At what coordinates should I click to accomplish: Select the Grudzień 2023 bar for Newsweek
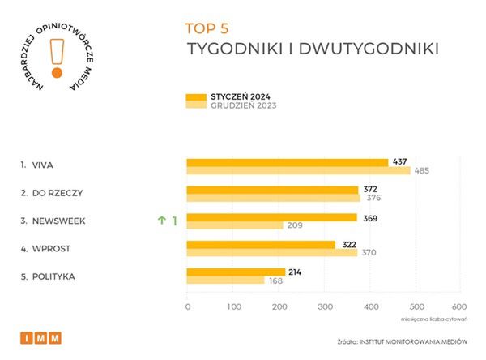pyautogui.click(x=234, y=225)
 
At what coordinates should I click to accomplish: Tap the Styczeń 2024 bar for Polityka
pyautogui.click(x=236, y=272)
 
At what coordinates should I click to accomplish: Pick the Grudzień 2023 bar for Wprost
pyautogui.click(x=271, y=253)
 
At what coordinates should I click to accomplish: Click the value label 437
pyautogui.click(x=399, y=162)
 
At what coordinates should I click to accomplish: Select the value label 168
pyautogui.click(x=276, y=281)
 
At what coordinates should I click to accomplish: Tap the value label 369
pyautogui.click(x=369, y=217)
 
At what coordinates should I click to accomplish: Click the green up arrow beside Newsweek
pyautogui.click(x=161, y=219)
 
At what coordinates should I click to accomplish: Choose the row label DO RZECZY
pyautogui.click(x=57, y=192)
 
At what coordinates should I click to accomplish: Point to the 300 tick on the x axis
pyautogui.click(x=325, y=306)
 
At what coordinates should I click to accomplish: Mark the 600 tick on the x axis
pyautogui.click(x=458, y=306)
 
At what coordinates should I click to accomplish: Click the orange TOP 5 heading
pyautogui.click(x=208, y=28)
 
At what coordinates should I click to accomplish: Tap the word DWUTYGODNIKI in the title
pyautogui.click(x=371, y=48)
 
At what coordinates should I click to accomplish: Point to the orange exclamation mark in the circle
pyautogui.click(x=56, y=58)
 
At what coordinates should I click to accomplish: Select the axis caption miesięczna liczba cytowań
pyautogui.click(x=432, y=318)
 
